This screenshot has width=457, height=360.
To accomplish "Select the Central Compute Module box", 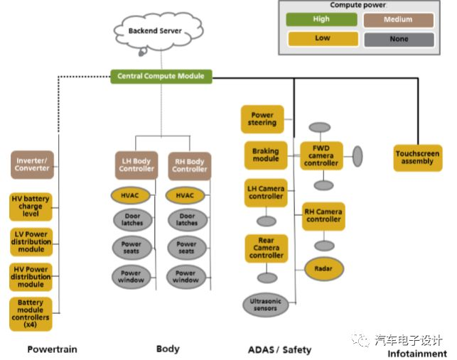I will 161,76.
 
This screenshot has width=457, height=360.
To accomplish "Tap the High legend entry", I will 321,20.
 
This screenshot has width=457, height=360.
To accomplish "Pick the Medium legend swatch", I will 398,20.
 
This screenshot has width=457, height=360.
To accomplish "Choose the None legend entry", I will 398,39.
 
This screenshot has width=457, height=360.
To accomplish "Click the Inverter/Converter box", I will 32,164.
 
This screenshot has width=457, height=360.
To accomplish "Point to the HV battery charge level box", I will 31,207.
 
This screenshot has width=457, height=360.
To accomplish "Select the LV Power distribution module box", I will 31,241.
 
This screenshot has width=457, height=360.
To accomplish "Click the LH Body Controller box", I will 136,165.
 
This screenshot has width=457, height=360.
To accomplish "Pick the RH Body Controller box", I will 189,165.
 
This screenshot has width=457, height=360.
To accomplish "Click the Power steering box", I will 262,119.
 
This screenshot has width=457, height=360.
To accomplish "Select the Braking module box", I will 266,155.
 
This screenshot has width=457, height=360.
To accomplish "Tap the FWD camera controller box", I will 321,156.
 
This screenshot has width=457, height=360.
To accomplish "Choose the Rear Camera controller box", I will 266,248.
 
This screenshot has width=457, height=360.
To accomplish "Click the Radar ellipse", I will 323,268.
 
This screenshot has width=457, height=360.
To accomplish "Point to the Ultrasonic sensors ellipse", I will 266,305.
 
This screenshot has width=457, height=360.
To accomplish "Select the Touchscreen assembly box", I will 417,157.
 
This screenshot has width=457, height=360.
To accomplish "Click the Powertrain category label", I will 52,349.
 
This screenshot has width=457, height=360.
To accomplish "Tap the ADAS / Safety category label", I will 279,349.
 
